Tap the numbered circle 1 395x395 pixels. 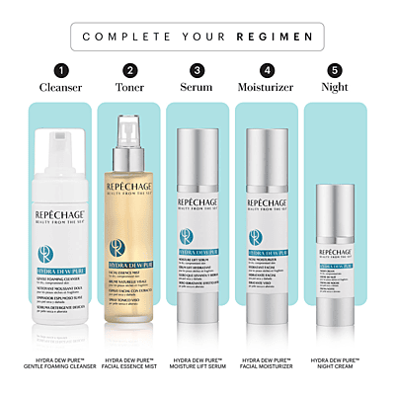click(60, 71)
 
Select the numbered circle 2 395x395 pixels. click(130, 71)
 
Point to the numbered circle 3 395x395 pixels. click(197, 71)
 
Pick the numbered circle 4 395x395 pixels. click(266, 71)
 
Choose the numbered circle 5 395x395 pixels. click(334, 71)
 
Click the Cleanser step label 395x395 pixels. click(60, 90)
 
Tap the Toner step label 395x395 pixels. click(130, 90)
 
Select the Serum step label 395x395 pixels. click(197, 90)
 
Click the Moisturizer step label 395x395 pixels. click(266, 90)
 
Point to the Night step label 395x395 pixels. click(334, 90)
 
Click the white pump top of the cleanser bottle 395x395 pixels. click(60, 148)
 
